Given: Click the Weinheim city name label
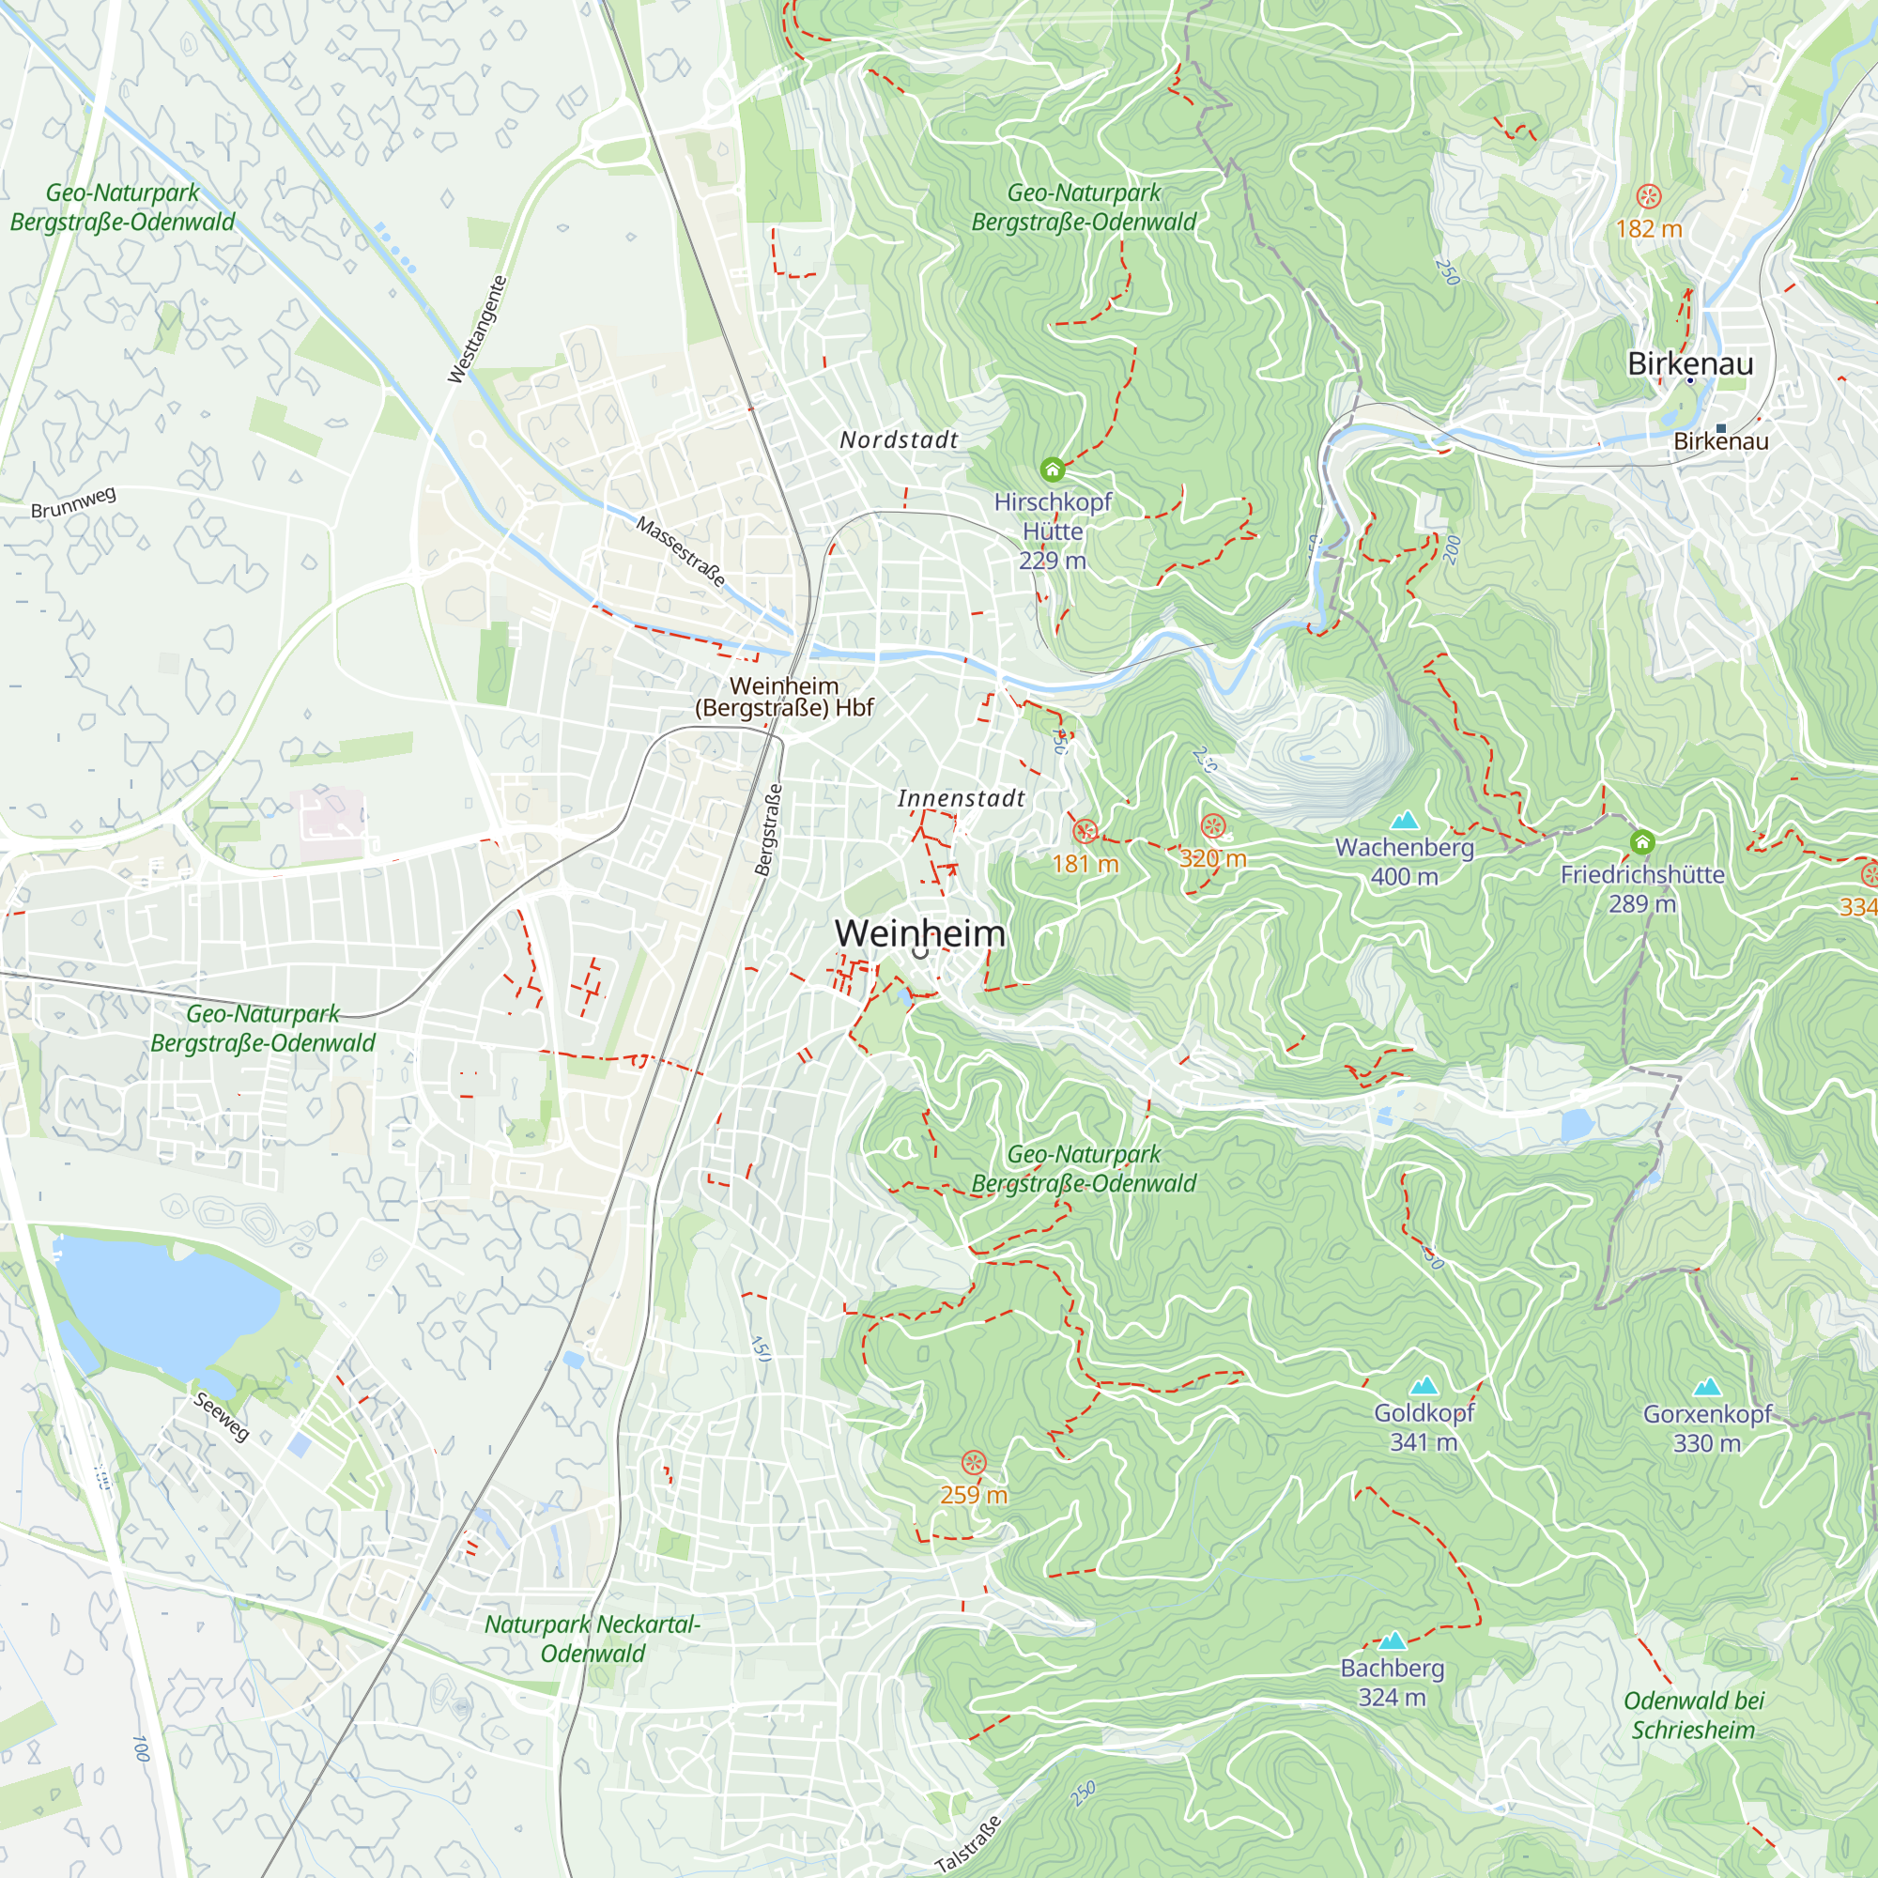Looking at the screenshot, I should [919, 933].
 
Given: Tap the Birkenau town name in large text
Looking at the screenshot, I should [1690, 363].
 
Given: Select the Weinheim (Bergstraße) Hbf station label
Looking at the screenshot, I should [784, 697].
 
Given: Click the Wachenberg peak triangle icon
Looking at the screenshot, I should [1404, 821].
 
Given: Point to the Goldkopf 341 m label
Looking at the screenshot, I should [1424, 1427].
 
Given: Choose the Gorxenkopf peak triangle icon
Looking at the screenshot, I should [1707, 1387].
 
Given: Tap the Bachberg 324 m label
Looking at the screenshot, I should [1391, 1683].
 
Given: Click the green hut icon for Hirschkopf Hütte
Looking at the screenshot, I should [1052, 470].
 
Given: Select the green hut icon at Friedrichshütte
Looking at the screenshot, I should [1641, 841].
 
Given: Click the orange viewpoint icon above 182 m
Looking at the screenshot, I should [1649, 196].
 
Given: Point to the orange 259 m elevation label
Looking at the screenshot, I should [973, 1495].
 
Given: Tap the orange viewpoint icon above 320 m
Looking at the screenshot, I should [1212, 827].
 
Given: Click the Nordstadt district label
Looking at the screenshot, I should [899, 440].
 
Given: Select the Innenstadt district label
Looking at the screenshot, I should [961, 799].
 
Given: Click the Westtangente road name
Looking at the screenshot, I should [477, 330].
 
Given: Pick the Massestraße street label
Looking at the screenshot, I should [681, 551].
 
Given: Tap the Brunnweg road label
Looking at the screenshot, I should [73, 502].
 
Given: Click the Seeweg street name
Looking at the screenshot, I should [221, 1417].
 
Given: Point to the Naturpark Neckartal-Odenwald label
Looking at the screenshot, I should [592, 1639].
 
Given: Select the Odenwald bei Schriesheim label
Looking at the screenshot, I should [1692, 1716].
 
